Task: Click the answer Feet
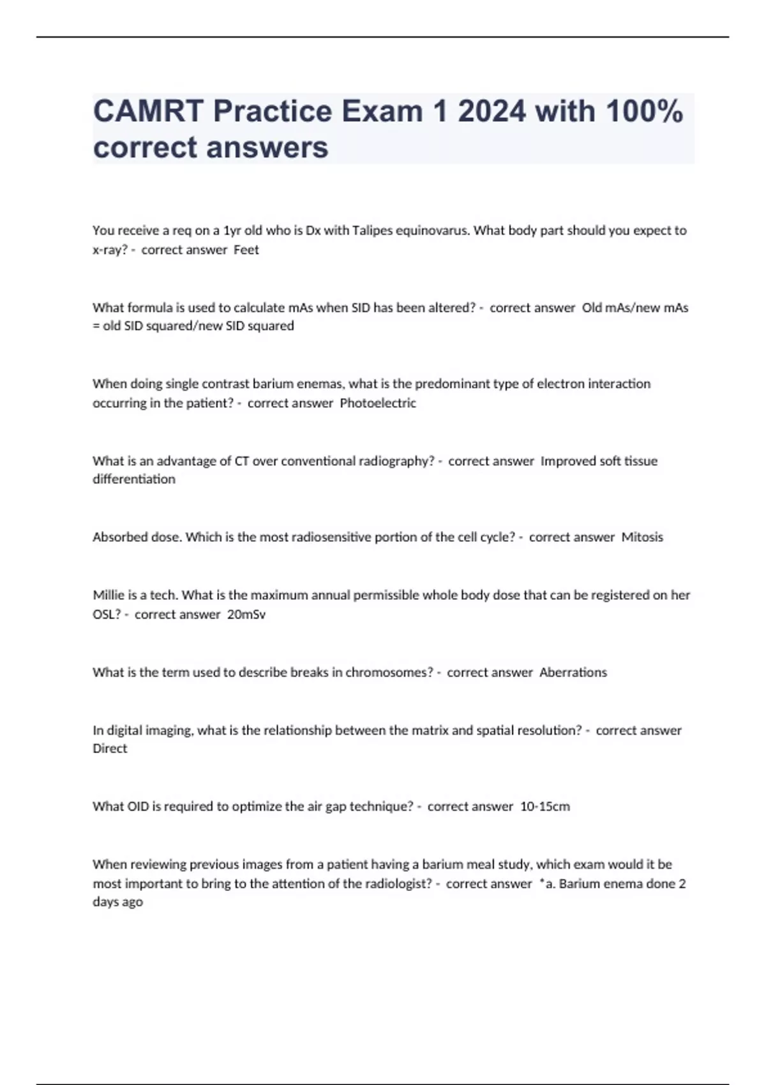pyautogui.click(x=246, y=250)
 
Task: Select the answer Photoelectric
pyautogui.click(x=378, y=403)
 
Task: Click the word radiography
pyautogui.click(x=397, y=461)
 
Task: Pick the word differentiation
pyautogui.click(x=134, y=479)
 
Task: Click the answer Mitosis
pyautogui.click(x=642, y=537)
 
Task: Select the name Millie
pyautogui.click(x=109, y=595)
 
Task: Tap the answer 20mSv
pyautogui.click(x=246, y=615)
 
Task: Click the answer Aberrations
pyautogui.click(x=573, y=672)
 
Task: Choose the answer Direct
pyautogui.click(x=110, y=749)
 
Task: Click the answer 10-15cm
pyautogui.click(x=545, y=807)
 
